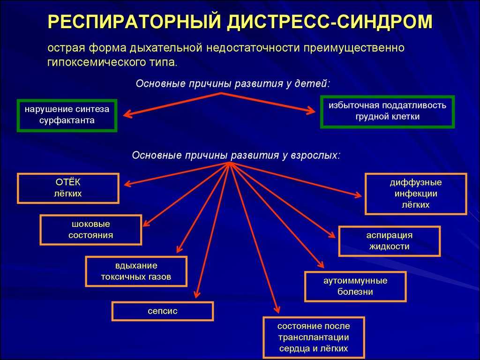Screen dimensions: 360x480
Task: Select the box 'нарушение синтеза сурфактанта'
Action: [x=67, y=115]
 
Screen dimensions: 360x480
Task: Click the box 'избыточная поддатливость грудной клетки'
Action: [x=387, y=112]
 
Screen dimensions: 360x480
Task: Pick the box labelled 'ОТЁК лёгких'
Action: [x=68, y=188]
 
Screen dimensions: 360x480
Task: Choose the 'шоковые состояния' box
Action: [x=91, y=230]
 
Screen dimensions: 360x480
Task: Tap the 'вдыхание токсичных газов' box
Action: [x=136, y=271]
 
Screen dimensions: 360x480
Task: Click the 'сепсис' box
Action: [x=163, y=311]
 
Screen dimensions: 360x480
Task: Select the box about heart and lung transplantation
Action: [x=314, y=337]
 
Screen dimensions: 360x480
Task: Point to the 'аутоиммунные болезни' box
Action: [x=355, y=286]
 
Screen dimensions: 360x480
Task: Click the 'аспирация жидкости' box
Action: [x=389, y=241]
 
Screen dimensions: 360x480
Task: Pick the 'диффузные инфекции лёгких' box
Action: [x=415, y=194]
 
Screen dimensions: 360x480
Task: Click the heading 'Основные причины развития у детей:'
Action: [x=233, y=83]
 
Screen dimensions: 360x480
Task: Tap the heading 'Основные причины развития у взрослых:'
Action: [x=236, y=155]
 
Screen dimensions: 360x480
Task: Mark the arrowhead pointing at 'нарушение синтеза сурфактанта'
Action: [x=127, y=113]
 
